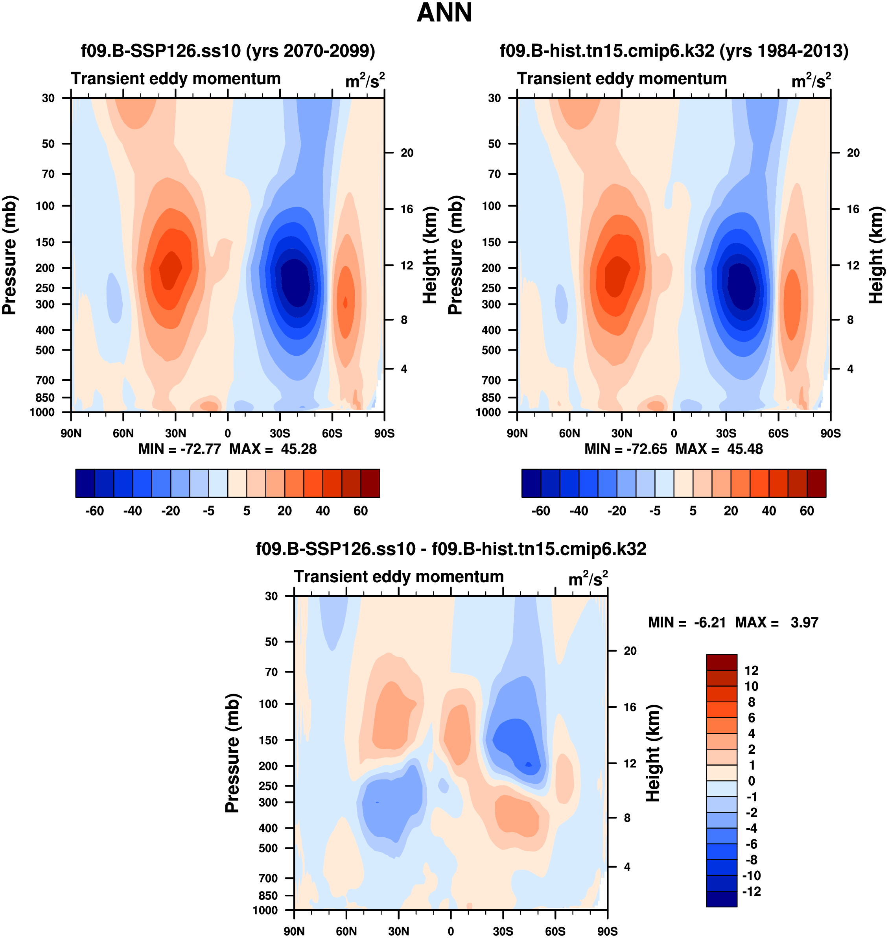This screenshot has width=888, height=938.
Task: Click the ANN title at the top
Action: pyautogui.click(x=444, y=13)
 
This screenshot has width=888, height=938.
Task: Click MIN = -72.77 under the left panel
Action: pyautogui.click(x=179, y=449)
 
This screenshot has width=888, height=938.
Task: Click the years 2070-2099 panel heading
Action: pyautogui.click(x=228, y=51)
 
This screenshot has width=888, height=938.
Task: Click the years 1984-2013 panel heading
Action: pyautogui.click(x=674, y=51)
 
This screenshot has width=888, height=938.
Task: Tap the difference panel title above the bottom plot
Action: pyautogui.click(x=451, y=549)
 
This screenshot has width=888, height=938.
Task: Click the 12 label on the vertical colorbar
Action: pyautogui.click(x=751, y=670)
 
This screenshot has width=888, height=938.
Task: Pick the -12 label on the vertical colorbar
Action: pyautogui.click(x=751, y=892)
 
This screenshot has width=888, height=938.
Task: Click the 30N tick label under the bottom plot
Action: pyautogui.click(x=398, y=931)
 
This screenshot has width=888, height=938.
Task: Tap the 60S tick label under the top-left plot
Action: pyautogui.click(x=332, y=433)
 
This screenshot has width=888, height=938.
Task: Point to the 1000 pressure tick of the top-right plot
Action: pyautogui.click(x=488, y=412)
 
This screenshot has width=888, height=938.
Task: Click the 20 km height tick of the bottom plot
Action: pyautogui.click(x=630, y=651)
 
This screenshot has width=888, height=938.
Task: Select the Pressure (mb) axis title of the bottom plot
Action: pyautogui.click(x=232, y=753)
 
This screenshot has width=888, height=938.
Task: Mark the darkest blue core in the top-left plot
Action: pyautogui.click(x=295, y=283)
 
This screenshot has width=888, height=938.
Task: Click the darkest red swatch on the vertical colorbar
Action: pyautogui.click(x=721, y=662)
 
